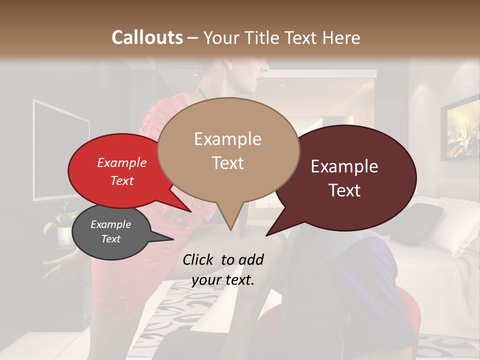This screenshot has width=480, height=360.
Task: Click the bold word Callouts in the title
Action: point(147,37)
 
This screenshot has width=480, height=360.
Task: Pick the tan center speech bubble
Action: point(228,150)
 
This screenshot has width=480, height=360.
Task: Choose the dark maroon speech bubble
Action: point(345,177)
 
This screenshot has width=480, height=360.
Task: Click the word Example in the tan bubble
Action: point(228,139)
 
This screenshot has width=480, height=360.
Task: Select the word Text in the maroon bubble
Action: point(345,190)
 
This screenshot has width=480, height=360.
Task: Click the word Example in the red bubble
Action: point(122,162)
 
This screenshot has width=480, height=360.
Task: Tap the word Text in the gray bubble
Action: point(111,239)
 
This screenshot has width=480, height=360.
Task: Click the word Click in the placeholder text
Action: point(198,259)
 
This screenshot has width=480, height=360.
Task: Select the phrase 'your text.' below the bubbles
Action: point(222,280)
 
